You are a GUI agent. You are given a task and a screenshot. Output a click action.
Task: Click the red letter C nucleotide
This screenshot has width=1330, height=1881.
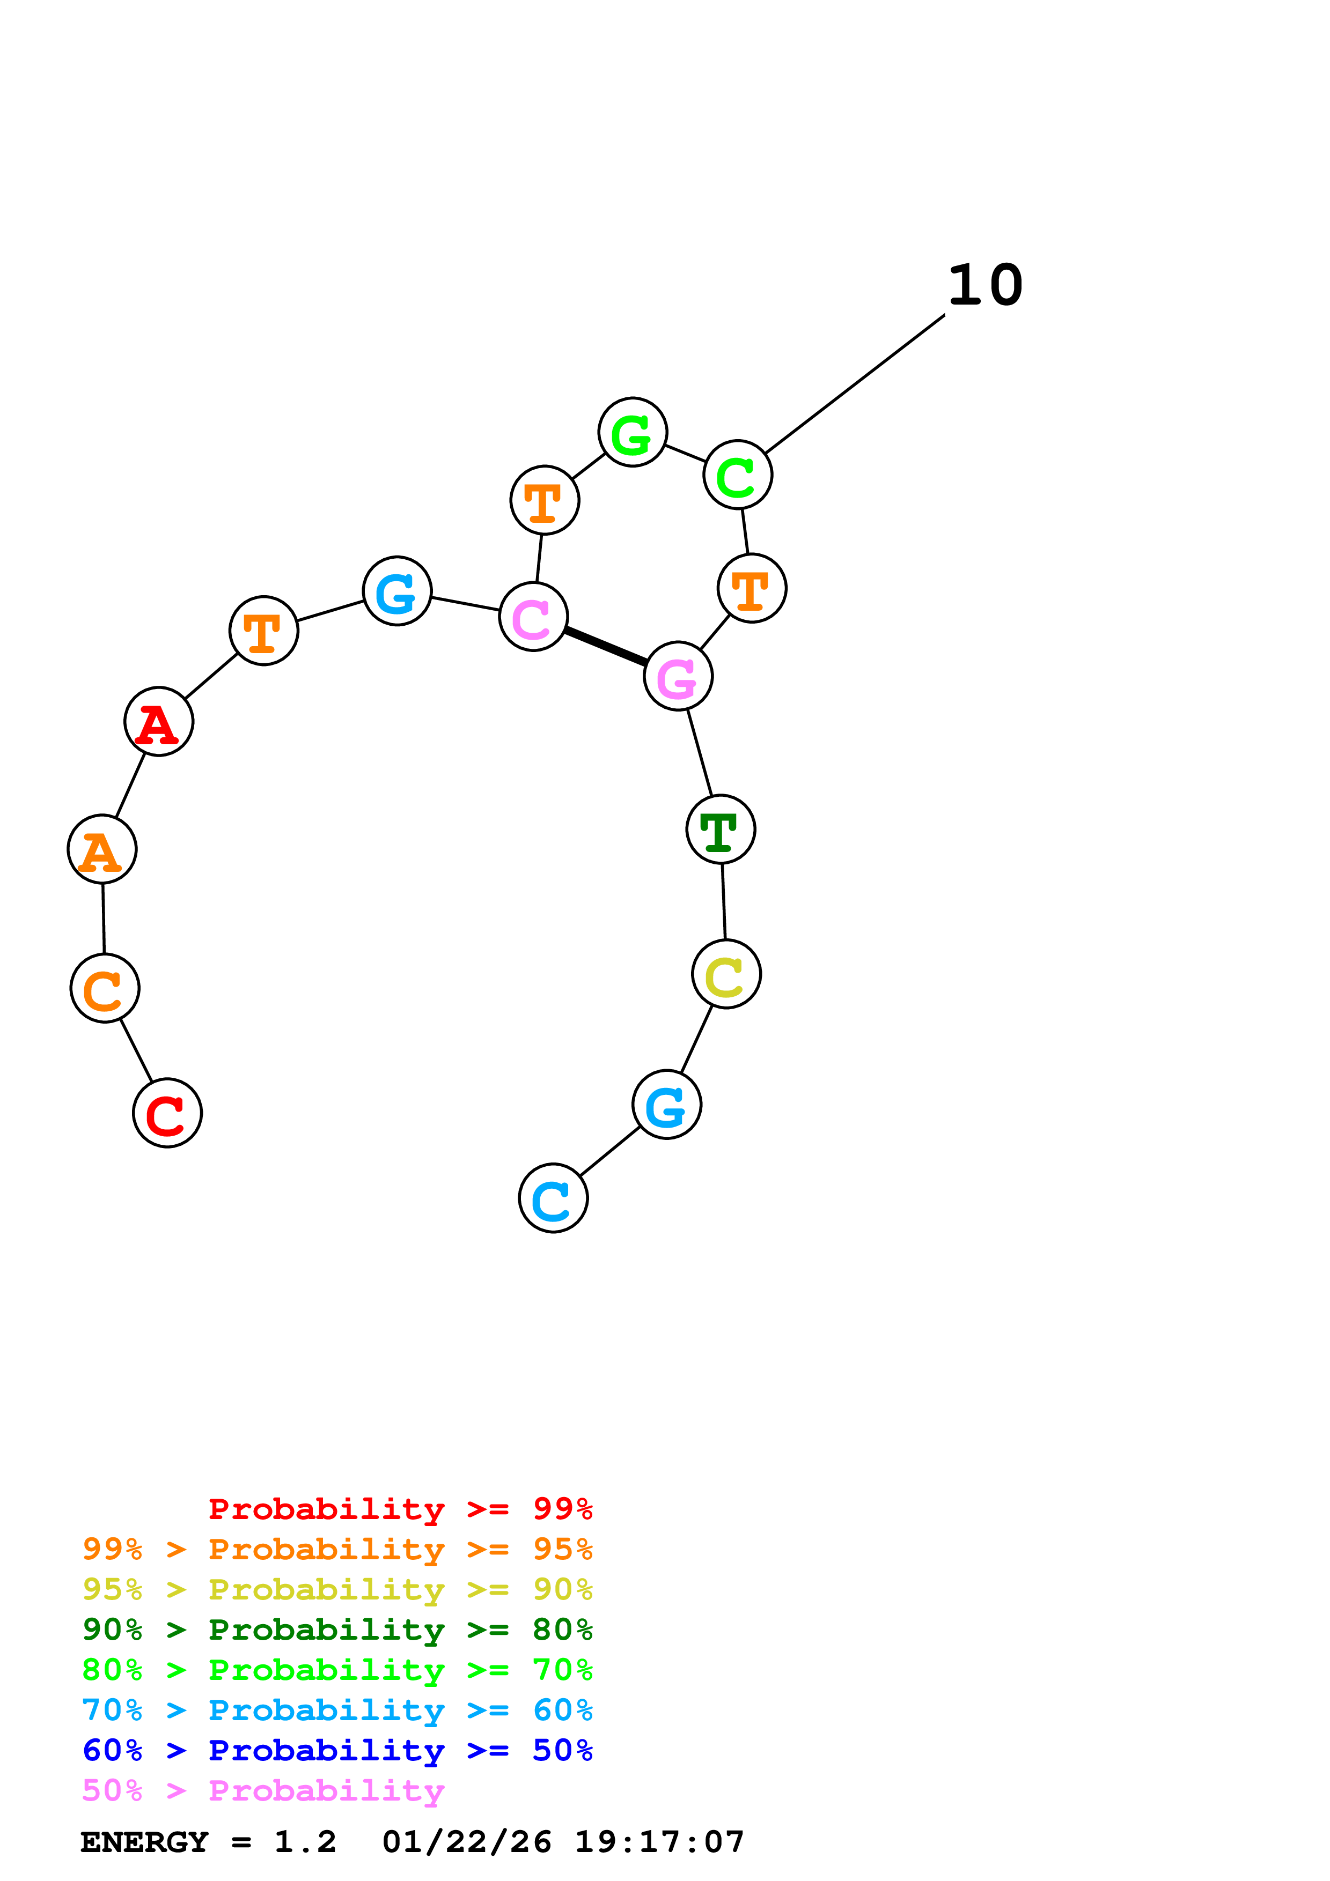pos(167,1113)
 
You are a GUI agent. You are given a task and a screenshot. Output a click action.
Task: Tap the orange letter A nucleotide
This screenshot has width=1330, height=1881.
pos(101,849)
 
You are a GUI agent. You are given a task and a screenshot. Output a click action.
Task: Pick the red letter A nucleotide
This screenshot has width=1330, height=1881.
pos(159,721)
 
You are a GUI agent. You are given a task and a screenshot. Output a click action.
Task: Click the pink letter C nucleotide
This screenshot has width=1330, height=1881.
pos(533,617)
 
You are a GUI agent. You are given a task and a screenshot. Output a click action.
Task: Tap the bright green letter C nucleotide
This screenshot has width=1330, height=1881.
pos(738,475)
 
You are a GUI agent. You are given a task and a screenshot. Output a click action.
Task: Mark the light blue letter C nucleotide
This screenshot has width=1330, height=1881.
pos(553,1198)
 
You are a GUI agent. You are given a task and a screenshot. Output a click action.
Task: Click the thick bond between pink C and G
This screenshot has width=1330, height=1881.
pos(606,646)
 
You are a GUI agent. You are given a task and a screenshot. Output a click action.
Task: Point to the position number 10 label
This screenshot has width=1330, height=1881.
pos(985,285)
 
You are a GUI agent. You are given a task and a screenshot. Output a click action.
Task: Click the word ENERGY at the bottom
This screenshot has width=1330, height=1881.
pos(144,1842)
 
